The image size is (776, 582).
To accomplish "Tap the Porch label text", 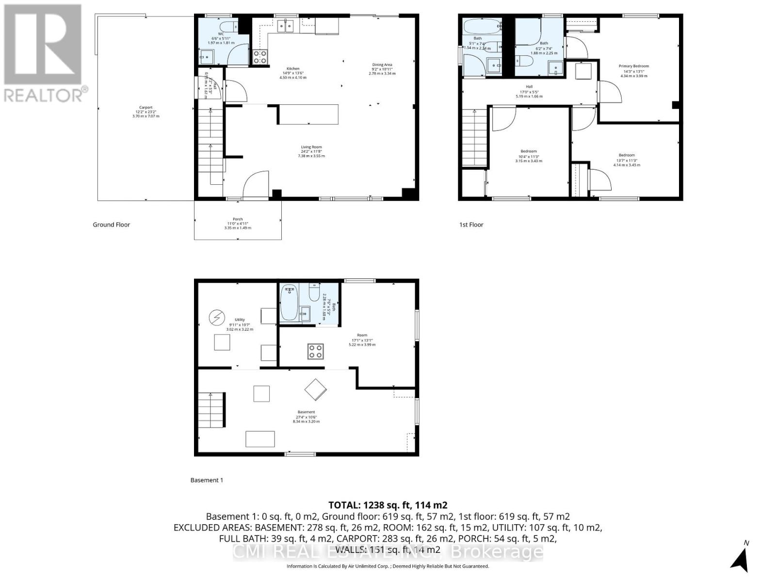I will (238, 219).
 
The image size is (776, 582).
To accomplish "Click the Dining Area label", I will (382, 65).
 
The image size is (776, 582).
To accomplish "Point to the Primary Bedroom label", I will (633, 66).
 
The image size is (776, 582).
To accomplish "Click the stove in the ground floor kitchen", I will (260, 57).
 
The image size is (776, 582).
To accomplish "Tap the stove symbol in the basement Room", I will (316, 351).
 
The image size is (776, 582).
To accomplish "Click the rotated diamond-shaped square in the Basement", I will (316, 389).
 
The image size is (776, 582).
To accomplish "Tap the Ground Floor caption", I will (112, 225).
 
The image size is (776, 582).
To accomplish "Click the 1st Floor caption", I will (471, 225).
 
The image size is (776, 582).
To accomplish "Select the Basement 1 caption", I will (207, 480).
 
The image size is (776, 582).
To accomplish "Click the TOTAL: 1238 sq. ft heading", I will (388, 505).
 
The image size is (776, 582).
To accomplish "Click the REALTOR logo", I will (44, 53).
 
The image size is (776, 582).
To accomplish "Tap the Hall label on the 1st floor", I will (529, 87).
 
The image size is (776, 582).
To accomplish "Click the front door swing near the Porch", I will (256, 184).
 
